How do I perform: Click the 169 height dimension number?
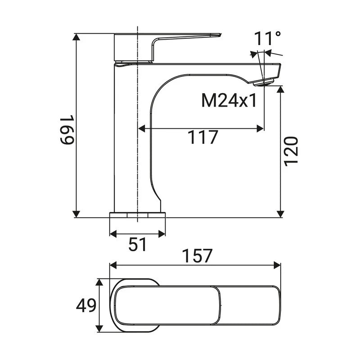(x=67, y=130)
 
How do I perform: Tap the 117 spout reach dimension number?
(x=202, y=137)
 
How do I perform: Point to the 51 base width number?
(x=137, y=244)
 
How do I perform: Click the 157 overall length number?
(x=197, y=256)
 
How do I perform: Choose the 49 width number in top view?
(x=86, y=306)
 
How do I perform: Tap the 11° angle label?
(x=267, y=38)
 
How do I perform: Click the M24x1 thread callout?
(x=229, y=101)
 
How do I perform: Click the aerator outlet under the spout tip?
(x=264, y=82)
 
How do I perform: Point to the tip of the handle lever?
(x=220, y=35)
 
